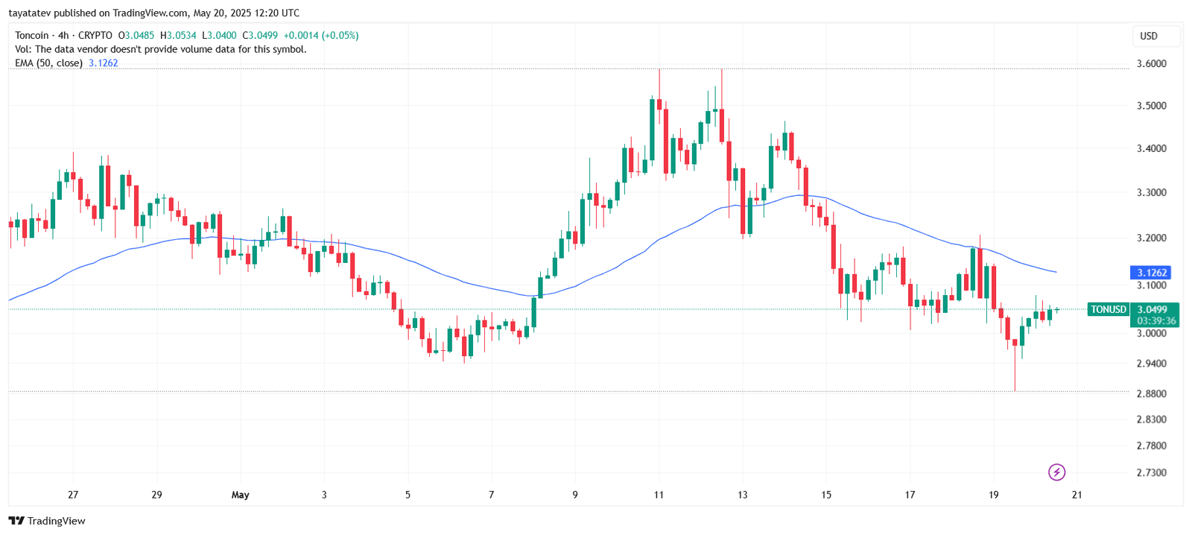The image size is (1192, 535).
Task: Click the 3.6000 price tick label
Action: pos(1151,64)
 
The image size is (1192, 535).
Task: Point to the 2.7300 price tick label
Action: pos(1151,472)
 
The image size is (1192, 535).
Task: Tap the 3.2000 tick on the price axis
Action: pos(1151,238)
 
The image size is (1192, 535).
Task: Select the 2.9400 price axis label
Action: pos(1151,364)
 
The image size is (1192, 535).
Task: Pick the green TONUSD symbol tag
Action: pos(1108,309)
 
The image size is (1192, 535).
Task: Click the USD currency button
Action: pos(1149,36)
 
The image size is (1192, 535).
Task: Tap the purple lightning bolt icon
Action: pos(1056,472)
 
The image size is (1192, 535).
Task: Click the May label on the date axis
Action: pos(240,495)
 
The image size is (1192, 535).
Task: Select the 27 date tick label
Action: pos(73,495)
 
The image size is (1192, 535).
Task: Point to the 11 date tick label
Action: pos(659,495)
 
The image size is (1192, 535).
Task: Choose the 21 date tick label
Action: pos(1077,495)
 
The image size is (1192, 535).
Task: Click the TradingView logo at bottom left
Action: pos(47,521)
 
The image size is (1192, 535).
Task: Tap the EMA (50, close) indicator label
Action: pos(48,63)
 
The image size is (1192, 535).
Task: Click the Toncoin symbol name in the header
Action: pos(32,36)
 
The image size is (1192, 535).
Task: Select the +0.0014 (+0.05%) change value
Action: pos(321,36)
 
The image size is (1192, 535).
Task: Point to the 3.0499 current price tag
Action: pos(1153,309)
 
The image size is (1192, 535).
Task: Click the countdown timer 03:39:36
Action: pos(1155,321)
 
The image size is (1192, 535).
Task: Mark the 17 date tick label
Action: pos(910,495)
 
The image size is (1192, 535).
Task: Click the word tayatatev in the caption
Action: pos(29,13)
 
